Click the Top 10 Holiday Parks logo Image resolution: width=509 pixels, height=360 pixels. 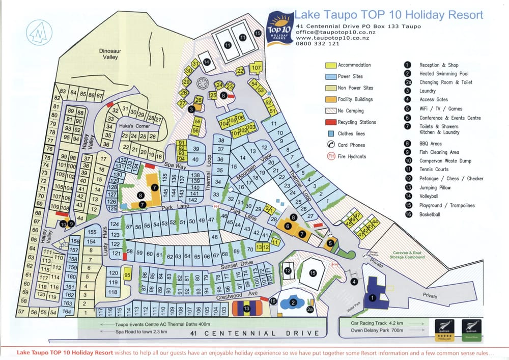click(x=279, y=28)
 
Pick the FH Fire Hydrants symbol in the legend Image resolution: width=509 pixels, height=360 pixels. click(x=331, y=156)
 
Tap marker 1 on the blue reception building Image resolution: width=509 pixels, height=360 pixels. click(x=372, y=297)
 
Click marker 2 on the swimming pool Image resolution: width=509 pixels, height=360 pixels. click(x=293, y=302)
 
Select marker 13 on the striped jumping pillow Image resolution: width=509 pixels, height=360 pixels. click(x=247, y=308)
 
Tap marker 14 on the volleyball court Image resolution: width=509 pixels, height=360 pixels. click(x=207, y=62)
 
